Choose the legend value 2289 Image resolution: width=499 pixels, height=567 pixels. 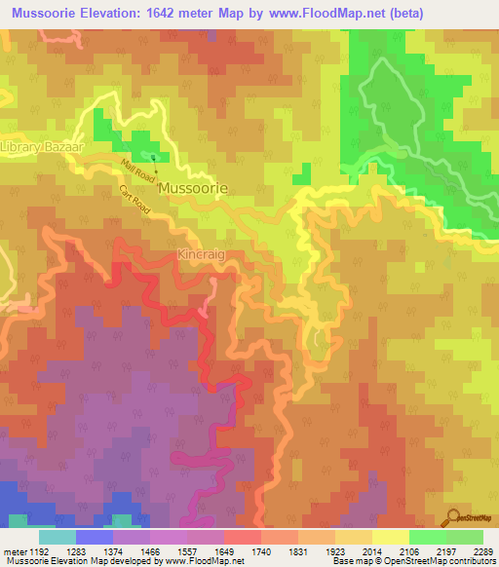480,550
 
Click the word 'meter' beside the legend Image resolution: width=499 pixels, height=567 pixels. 14,550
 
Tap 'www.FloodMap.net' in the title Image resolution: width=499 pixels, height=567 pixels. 330,13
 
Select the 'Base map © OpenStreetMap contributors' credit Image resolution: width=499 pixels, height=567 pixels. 412,561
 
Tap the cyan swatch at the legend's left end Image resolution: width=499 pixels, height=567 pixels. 57,536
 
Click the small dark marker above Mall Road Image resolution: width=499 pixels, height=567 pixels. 152,155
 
